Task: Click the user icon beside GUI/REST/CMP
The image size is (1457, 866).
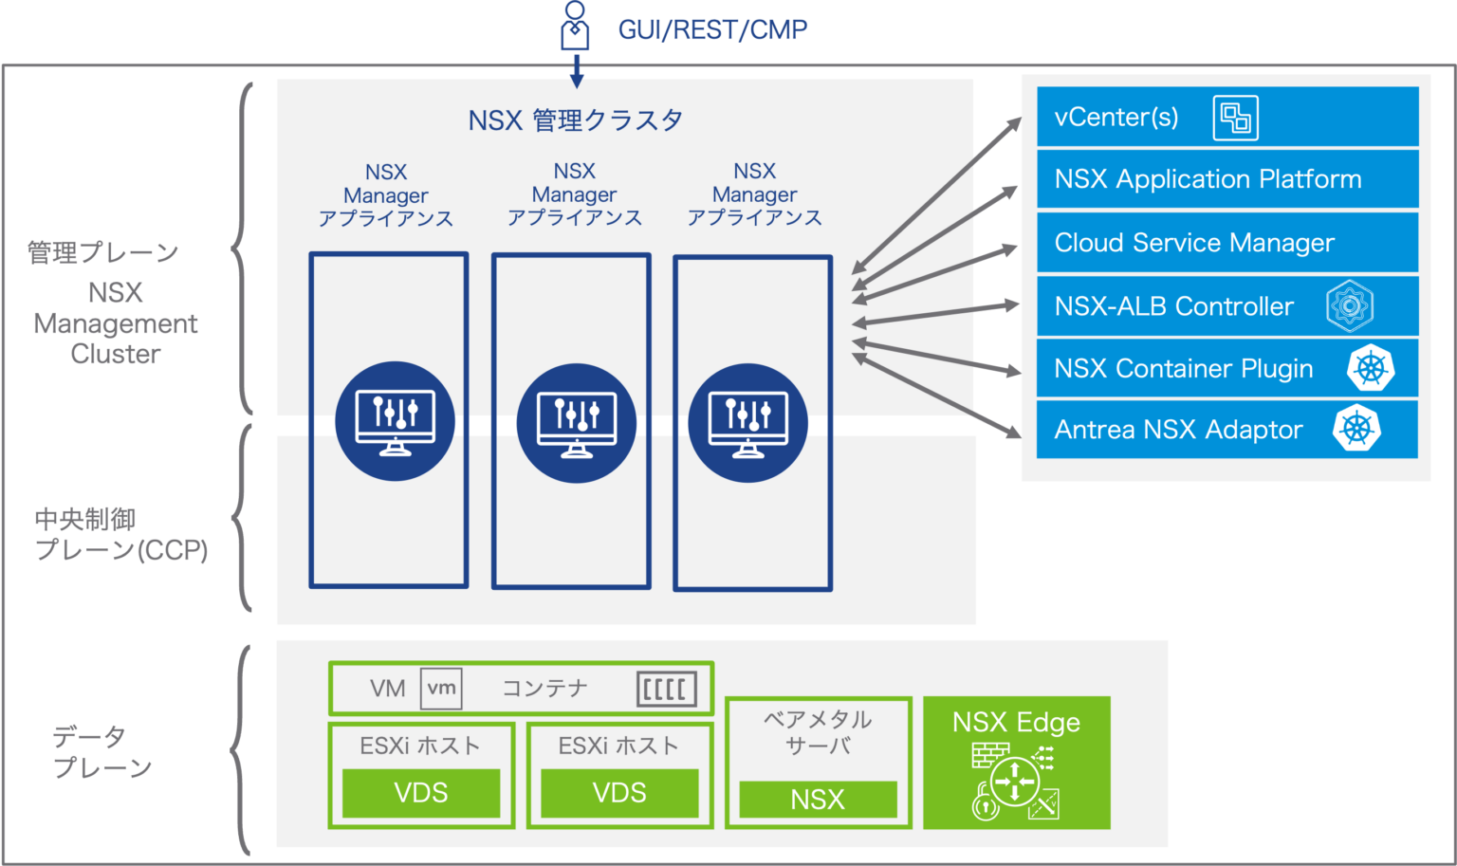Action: [x=575, y=27]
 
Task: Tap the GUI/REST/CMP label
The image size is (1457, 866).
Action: [x=712, y=30]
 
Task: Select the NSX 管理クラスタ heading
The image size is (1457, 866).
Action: [x=575, y=120]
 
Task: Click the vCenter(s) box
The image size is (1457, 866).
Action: [x=1226, y=118]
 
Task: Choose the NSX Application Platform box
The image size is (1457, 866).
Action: [x=1226, y=179]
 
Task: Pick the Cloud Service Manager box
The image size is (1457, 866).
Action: [x=1226, y=243]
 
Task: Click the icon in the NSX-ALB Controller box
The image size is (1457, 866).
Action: [x=1349, y=306]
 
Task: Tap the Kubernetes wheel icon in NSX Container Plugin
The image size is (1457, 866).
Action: [x=1371, y=368]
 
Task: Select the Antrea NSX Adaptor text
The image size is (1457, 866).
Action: [x=1178, y=430]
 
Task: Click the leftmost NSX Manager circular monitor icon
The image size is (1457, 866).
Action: [x=395, y=421]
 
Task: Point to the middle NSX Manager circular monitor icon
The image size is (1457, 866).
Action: [x=576, y=423]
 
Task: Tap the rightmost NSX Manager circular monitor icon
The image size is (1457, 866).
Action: [x=747, y=423]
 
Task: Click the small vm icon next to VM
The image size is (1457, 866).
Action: [x=441, y=689]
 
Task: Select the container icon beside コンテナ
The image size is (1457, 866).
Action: [x=666, y=689]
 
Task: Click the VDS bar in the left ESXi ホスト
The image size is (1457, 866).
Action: [x=420, y=793]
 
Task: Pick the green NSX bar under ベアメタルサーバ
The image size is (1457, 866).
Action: [x=817, y=800]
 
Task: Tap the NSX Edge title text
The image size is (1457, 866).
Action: [x=1016, y=723]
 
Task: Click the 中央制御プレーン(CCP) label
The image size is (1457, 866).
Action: [x=120, y=535]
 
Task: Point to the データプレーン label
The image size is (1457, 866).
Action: [x=101, y=752]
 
